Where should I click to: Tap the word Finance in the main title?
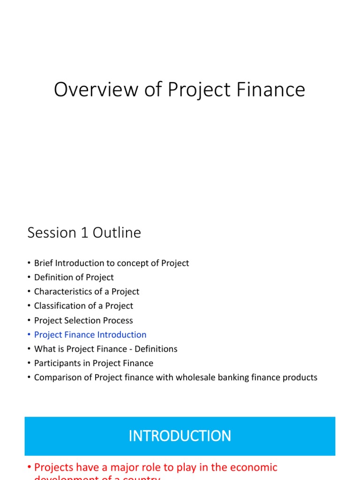270,90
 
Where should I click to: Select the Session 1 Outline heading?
84,232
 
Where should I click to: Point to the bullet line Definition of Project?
74,277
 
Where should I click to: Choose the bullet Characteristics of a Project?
86,292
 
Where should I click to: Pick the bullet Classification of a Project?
83,306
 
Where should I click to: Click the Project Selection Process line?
83,320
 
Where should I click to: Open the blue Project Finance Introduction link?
90,335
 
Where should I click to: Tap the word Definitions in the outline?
156,349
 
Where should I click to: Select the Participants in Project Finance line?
93,363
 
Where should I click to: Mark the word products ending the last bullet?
300,377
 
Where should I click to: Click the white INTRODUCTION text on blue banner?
180,436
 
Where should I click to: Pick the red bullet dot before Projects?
30,468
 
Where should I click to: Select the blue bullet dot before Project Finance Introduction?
29,335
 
